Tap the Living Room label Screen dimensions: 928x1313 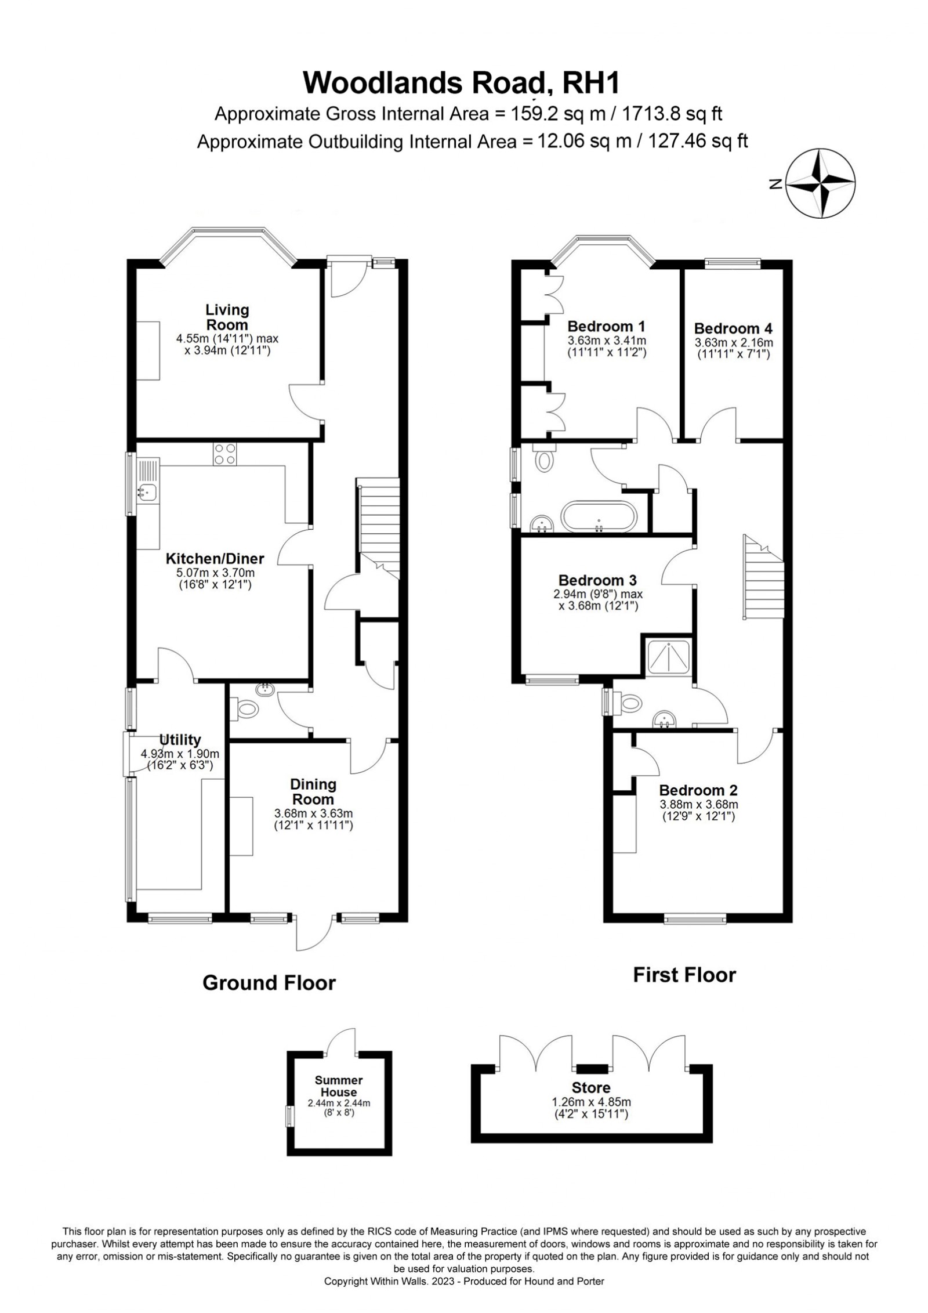tap(227, 317)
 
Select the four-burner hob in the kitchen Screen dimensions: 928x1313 tap(225, 454)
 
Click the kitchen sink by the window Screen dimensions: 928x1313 tap(147, 493)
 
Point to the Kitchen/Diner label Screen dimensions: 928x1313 tap(215, 559)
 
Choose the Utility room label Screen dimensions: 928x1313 tap(180, 740)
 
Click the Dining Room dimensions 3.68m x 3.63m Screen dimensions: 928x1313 tap(314, 814)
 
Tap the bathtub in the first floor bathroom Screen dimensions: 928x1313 tap(599, 516)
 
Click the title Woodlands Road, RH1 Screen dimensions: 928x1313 tap(462, 84)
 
